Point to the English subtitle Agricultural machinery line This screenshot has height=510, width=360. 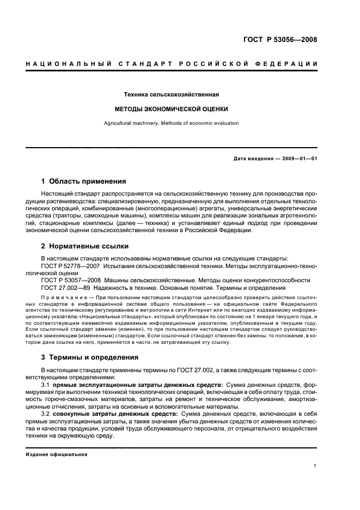click(172, 123)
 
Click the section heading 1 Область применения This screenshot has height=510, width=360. click(84, 181)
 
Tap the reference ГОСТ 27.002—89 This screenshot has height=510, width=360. click(65, 287)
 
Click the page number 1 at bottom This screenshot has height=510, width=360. click(315, 466)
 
